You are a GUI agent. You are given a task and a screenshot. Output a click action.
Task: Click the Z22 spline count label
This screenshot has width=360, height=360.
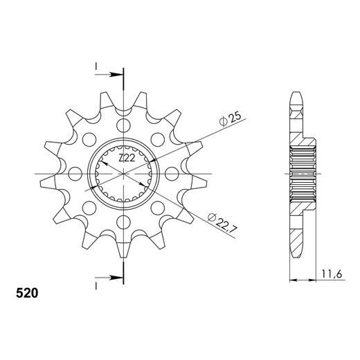coord(127,158)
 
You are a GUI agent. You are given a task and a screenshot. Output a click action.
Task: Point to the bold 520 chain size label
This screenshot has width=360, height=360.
coord(27,294)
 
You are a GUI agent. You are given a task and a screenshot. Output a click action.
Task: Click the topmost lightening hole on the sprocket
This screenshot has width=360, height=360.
coord(123,125)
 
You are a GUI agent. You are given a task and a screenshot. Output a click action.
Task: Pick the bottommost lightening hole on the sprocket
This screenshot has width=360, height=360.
coord(123,222)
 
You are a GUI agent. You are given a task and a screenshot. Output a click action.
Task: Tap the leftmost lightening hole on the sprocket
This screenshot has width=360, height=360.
coord(75,174)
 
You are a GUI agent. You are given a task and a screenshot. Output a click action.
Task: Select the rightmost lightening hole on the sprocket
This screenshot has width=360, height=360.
coord(172,174)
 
